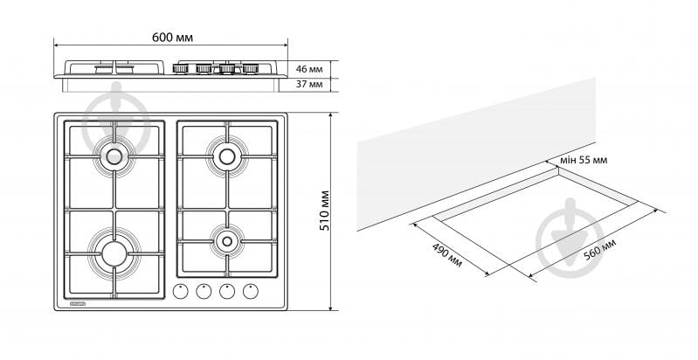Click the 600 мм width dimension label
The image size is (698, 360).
point(172,38)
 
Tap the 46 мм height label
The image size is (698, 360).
point(309,69)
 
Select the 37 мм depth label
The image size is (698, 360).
point(309,84)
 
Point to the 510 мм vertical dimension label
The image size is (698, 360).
point(325,211)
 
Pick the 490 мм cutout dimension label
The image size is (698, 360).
point(447,255)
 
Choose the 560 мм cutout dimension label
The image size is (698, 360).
point(599,250)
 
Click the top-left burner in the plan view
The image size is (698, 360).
point(114,156)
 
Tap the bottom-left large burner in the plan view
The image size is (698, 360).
point(114,253)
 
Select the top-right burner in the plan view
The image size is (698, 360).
point(227,156)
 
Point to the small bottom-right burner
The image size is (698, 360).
point(227,241)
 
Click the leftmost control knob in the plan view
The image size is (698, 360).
point(180,291)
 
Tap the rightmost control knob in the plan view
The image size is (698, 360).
point(251,291)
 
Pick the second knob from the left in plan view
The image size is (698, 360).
point(204,291)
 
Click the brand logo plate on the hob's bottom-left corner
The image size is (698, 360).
point(79,303)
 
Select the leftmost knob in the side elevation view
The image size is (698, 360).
point(180,68)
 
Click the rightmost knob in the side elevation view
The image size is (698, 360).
point(250,68)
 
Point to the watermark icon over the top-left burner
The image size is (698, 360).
point(116,116)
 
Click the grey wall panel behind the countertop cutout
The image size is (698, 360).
point(476,154)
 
